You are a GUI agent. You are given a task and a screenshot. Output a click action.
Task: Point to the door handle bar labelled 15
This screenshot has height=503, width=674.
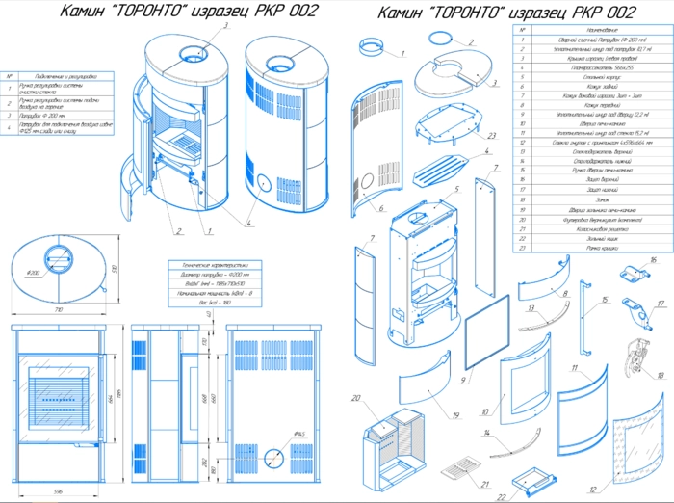(x=585, y=309)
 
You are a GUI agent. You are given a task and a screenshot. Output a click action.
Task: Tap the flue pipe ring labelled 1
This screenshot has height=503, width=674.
(x=371, y=48)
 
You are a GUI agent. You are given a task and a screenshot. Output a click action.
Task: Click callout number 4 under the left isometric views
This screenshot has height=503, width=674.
(x=247, y=224)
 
